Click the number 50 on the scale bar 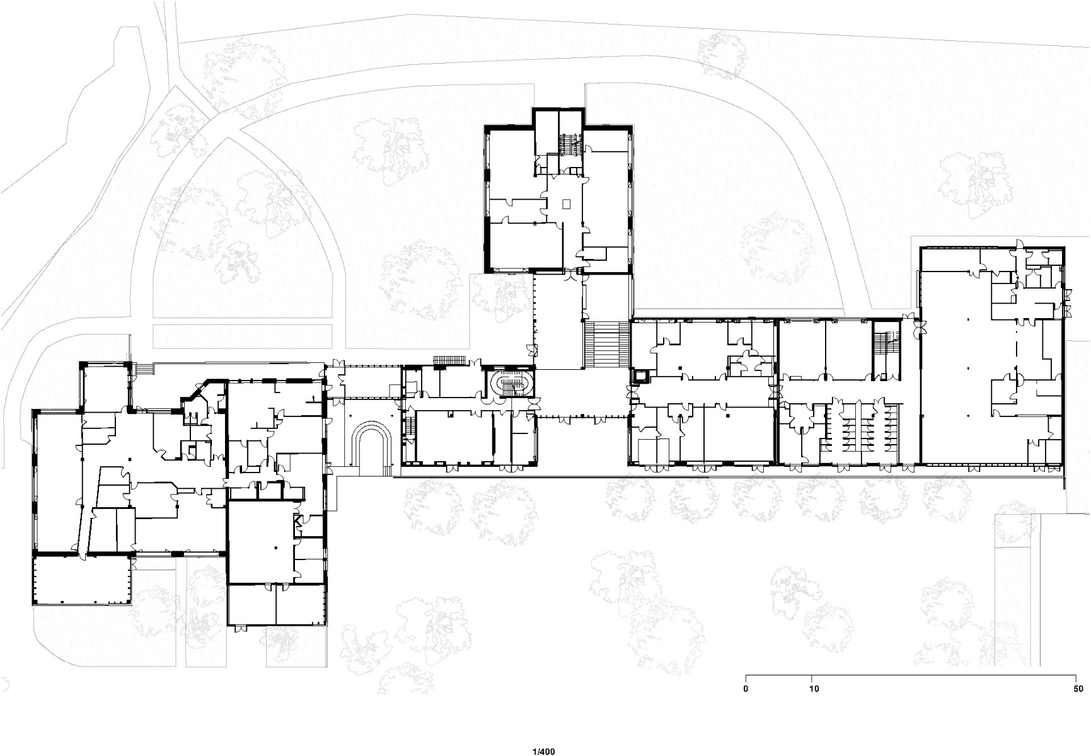(1078, 689)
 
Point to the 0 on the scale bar (746, 689)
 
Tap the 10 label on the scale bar (814, 689)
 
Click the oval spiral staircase (511, 382)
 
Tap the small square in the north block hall (567, 203)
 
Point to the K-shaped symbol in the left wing (298, 521)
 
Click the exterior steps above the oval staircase (449, 360)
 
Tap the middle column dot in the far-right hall (969, 368)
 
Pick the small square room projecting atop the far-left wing (105, 387)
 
